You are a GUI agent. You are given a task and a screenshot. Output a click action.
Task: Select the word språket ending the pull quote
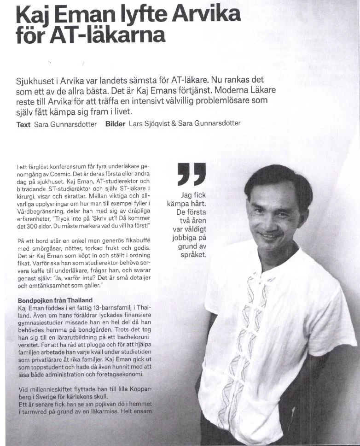point(193,254)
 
